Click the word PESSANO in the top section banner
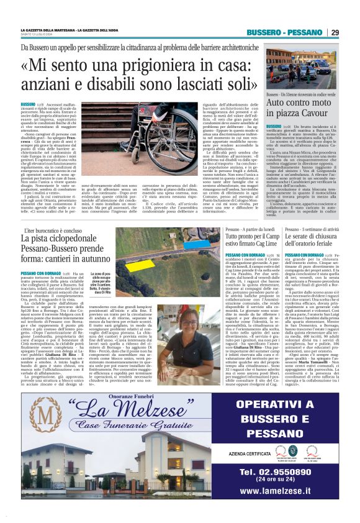tap(309, 32)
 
